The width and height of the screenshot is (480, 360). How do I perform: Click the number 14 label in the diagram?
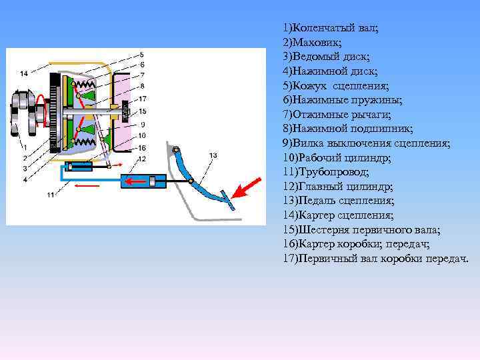[24, 73]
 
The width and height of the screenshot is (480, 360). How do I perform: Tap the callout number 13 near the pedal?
[213, 155]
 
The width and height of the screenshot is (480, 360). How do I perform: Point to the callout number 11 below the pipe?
[50, 195]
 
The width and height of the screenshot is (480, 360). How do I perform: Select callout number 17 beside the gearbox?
[143, 99]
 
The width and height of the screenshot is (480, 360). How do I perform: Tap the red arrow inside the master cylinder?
[139, 181]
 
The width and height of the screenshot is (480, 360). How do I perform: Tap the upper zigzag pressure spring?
[86, 85]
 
